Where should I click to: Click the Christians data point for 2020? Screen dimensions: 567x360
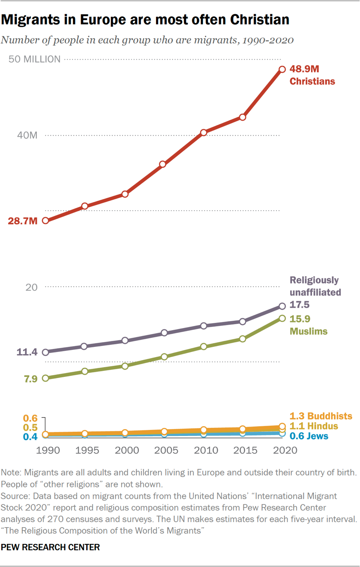click(x=282, y=69)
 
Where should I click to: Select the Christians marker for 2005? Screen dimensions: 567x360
click(x=163, y=164)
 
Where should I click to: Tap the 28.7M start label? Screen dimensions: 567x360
click(x=22, y=221)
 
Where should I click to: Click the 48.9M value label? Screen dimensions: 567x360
click(x=305, y=69)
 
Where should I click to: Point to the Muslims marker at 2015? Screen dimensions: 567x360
click(x=243, y=339)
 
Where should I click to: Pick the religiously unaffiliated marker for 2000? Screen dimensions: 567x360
click(x=125, y=340)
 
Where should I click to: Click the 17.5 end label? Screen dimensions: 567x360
click(x=300, y=305)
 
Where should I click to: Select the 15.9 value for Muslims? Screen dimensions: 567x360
click(x=300, y=319)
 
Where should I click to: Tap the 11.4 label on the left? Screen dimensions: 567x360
click(x=27, y=352)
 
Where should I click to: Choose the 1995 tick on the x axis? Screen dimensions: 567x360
click(x=87, y=451)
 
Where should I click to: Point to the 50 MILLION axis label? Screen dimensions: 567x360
click(x=35, y=60)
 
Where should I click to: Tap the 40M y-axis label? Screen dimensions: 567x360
click(x=27, y=135)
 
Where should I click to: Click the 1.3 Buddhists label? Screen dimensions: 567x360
click(x=321, y=416)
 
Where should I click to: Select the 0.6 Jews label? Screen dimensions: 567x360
click(x=309, y=436)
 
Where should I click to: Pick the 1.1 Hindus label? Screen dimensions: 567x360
click(x=314, y=426)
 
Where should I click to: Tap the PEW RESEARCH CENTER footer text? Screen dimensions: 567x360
click(x=50, y=547)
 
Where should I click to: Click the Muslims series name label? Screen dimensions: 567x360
click(x=309, y=331)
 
